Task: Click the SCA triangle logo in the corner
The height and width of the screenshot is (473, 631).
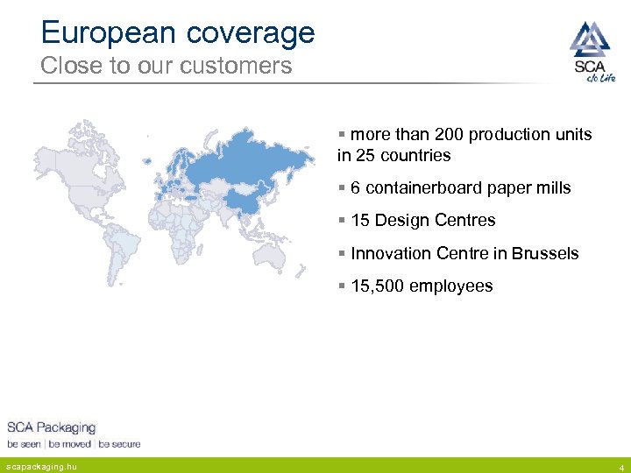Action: click(x=588, y=39)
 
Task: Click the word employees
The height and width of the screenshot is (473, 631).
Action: click(x=451, y=286)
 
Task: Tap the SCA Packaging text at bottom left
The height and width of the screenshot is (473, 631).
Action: click(x=52, y=427)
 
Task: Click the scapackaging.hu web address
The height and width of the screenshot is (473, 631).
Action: click(x=40, y=466)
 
